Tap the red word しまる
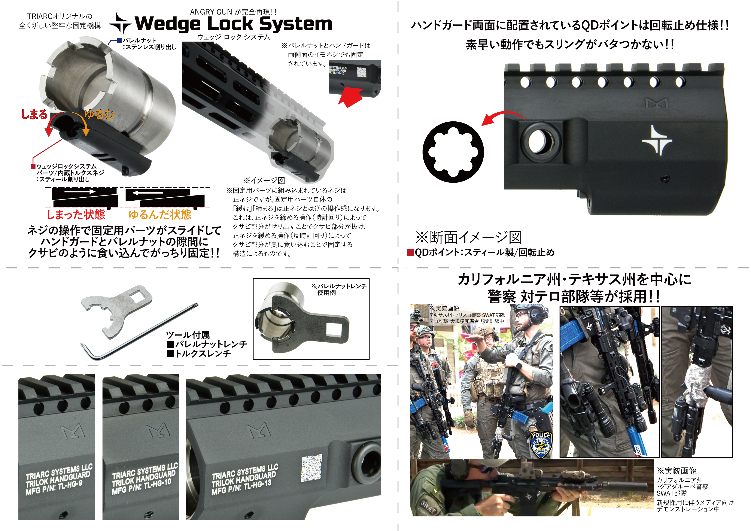coord(34,114)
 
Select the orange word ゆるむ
coord(99,114)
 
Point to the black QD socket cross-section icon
coord(453,152)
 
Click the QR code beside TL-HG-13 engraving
coord(311,468)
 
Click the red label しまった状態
coord(76,215)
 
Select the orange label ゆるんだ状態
coord(160,215)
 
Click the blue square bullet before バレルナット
coord(119,40)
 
